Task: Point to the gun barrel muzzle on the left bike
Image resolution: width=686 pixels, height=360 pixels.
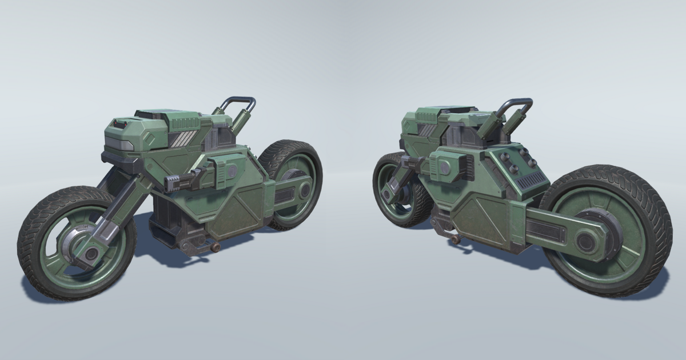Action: [170, 183]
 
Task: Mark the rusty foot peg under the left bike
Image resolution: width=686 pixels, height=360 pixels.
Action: [216, 247]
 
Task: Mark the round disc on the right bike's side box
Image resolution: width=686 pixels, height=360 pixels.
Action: [444, 166]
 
